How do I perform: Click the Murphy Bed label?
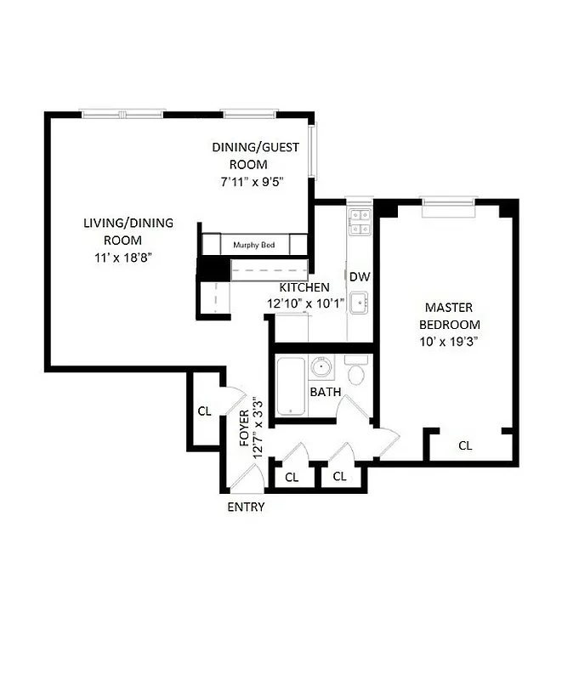click(x=254, y=245)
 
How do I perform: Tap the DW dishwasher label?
click(x=359, y=277)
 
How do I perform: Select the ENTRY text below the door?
click(x=246, y=507)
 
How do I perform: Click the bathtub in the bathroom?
click(x=291, y=387)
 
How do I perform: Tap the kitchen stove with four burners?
click(x=359, y=222)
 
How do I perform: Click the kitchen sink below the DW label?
click(x=360, y=301)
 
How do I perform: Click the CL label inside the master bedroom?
click(x=465, y=445)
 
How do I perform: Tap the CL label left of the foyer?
click(x=204, y=411)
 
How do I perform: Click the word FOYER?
click(x=244, y=429)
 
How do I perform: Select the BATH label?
click(x=325, y=392)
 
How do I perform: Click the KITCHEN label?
click(x=305, y=288)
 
